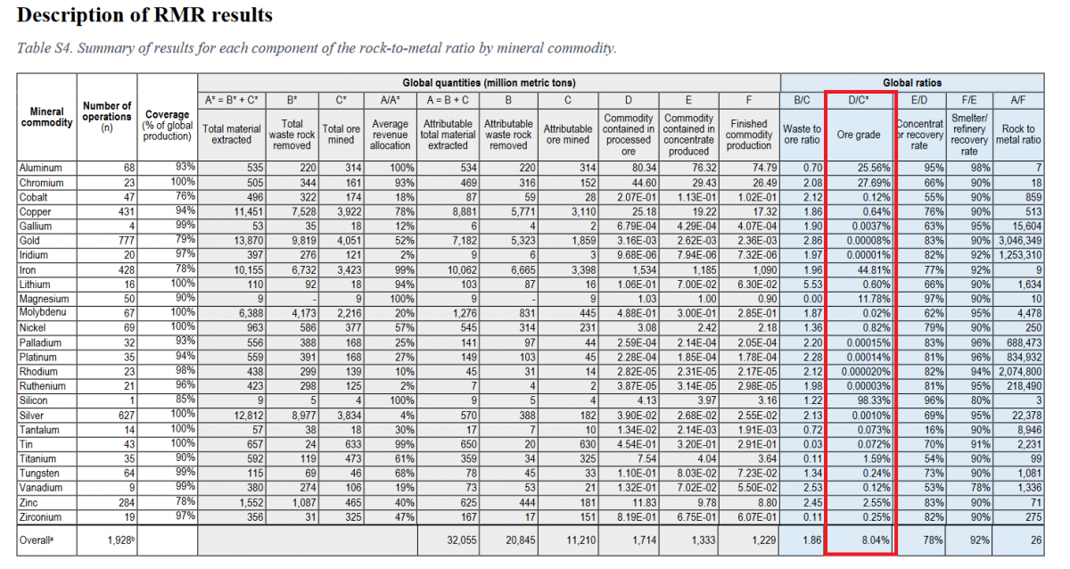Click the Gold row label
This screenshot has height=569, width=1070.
point(29,241)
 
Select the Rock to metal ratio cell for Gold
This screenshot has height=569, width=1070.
point(1020,241)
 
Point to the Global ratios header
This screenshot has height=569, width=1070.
point(912,83)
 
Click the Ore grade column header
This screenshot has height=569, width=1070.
point(859,135)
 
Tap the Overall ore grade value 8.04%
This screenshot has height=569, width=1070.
point(876,540)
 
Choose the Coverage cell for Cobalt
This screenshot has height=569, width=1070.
point(185,196)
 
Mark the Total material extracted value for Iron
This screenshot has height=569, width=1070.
point(249,270)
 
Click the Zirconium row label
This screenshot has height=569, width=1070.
point(40,517)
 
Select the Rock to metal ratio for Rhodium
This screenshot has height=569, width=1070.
point(1020,372)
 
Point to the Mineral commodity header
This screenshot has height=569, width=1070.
point(46,117)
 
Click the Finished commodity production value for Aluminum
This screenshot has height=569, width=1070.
point(764,168)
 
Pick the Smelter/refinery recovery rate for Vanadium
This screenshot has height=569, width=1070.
point(980,488)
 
